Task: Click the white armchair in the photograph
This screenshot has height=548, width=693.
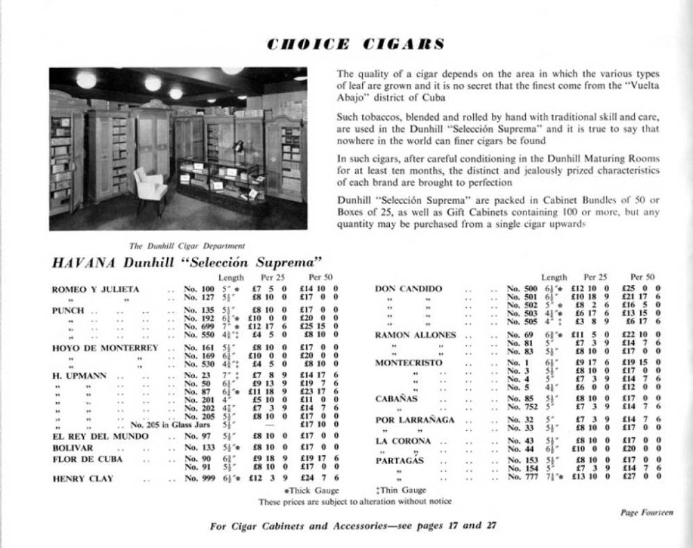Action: (150, 185)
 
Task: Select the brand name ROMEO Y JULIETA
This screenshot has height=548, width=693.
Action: (96, 289)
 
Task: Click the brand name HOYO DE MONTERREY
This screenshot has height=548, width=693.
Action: (105, 348)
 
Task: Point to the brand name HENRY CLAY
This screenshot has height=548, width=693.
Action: (84, 478)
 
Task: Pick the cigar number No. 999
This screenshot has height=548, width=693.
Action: (199, 478)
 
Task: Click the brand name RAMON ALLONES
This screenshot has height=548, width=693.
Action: (416, 335)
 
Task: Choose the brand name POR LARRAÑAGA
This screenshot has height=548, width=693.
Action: (415, 420)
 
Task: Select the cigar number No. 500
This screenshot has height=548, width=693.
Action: (523, 289)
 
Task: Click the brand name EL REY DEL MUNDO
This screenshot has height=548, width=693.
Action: (100, 436)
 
